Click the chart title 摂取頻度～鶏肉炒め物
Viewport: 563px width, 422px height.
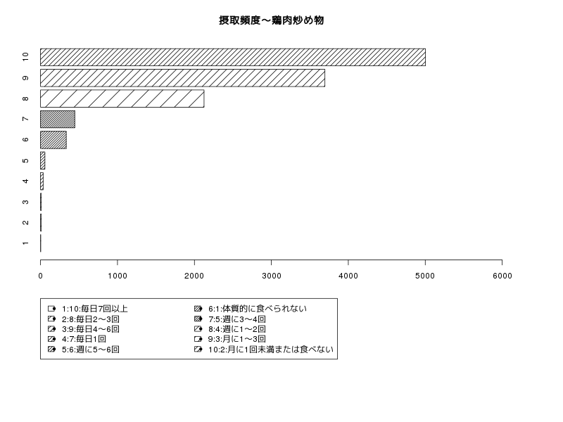coord(272,20)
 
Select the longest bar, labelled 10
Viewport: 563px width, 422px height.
coord(233,58)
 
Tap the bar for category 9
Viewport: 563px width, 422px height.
coord(182,78)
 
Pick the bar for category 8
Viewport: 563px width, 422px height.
coord(122,98)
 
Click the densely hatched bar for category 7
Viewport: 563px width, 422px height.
coord(58,119)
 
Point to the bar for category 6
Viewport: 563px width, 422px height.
coord(53,140)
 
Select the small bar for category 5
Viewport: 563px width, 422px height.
coord(42,160)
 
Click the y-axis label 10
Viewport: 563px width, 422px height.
coord(25,57)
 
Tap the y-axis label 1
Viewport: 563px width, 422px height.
coord(25,243)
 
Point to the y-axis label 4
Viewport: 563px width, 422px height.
coord(25,181)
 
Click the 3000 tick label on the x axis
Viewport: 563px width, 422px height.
coord(272,276)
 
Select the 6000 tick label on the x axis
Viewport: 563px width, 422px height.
coord(502,276)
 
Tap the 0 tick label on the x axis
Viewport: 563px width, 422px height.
coord(41,276)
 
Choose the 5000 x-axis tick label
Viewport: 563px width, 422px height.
coord(425,276)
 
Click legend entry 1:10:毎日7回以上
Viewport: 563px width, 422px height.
coord(95,309)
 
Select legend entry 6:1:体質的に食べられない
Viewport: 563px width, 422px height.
coord(258,309)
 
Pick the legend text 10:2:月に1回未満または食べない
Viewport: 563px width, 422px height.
coord(271,349)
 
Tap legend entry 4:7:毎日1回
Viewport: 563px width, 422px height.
coord(84,339)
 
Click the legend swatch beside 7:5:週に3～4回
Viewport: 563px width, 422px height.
coord(198,319)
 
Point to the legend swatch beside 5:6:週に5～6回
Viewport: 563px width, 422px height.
coord(51,349)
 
